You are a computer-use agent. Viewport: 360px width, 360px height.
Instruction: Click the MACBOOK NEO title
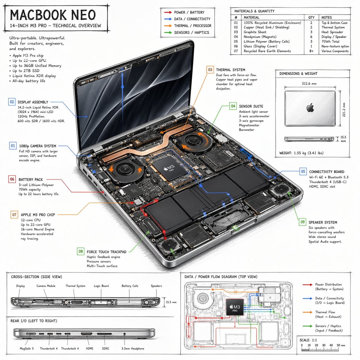pyautogui.click(x=53, y=15)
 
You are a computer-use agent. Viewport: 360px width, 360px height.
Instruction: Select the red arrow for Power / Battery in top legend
pyautogui.click(x=168, y=12)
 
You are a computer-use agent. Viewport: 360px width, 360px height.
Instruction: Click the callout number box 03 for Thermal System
pyautogui.click(x=210, y=70)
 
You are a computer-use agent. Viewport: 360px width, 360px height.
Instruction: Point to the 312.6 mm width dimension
pyautogui.click(x=309, y=83)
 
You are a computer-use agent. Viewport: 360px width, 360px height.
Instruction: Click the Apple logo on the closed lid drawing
pyautogui.click(x=310, y=107)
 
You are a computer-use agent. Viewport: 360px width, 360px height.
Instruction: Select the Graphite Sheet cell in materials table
pyautogui.click(x=255, y=32)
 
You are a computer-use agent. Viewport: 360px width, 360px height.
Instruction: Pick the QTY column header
pyautogui.click(x=311, y=17)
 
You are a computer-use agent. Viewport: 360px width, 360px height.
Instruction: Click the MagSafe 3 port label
pyautogui.click(x=27, y=348)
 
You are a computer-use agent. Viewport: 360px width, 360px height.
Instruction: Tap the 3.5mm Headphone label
pyautogui.click(x=133, y=348)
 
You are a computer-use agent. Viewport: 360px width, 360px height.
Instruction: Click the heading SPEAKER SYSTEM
pyautogui.click(x=322, y=222)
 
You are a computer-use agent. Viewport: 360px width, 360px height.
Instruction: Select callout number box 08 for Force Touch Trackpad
pyautogui.click(x=80, y=251)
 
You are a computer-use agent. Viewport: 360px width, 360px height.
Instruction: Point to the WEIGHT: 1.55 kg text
pyautogui.click(x=301, y=153)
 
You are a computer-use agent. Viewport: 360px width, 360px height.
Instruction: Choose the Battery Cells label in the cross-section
pyautogui.click(x=130, y=286)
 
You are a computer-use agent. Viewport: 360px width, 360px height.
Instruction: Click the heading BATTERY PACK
pyautogui.click(x=31, y=179)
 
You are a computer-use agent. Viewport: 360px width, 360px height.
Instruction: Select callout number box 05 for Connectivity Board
pyautogui.click(x=303, y=172)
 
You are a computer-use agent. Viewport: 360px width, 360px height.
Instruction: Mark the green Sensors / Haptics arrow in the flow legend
pyautogui.click(x=307, y=326)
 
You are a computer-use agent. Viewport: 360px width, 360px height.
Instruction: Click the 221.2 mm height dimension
pyautogui.click(x=344, y=110)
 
